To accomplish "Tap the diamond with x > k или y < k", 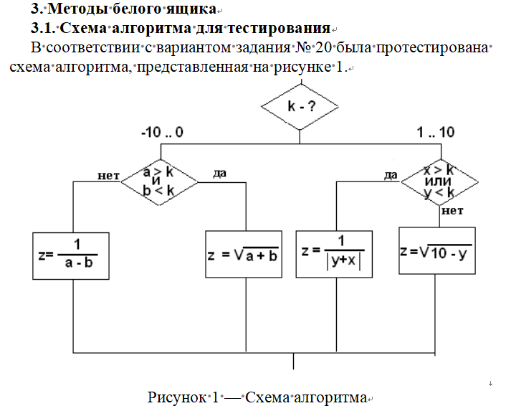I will (x=439, y=181).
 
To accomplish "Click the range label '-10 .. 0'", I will (x=163, y=133).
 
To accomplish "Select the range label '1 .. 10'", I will (x=436, y=132).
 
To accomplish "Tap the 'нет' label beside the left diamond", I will (x=108, y=174).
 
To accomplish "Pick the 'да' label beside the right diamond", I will (x=391, y=174).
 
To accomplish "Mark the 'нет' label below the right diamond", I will (x=452, y=211).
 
